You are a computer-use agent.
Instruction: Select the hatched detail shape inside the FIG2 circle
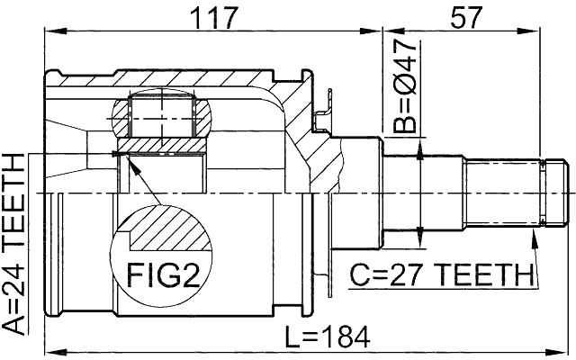point(167,230)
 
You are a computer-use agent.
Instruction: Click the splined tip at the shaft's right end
point(555,193)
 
